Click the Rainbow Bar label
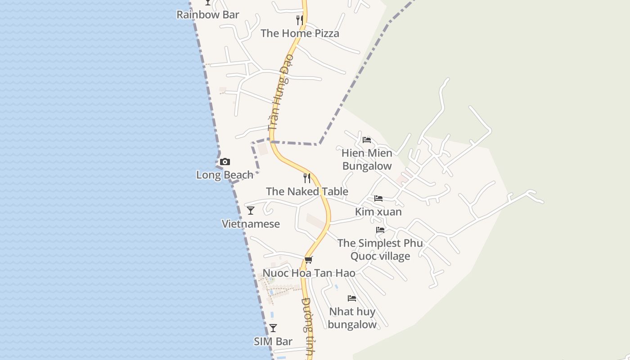click(207, 14)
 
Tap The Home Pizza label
click(300, 33)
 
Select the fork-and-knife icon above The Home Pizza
click(300, 20)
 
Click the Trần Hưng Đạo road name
click(280, 93)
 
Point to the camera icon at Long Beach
click(225, 162)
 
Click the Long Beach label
click(225, 175)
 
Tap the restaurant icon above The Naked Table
click(307, 178)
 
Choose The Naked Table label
click(307, 191)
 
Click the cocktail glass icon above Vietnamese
click(251, 210)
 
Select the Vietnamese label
click(251, 224)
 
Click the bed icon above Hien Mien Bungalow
click(367, 139)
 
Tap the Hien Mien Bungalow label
click(367, 159)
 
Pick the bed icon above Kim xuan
click(378, 198)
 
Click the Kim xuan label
click(378, 211)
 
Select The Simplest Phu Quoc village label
click(380, 249)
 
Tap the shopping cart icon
click(308, 260)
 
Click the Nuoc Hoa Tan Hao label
click(309, 273)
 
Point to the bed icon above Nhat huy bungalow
click(352, 298)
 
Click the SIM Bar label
click(273, 342)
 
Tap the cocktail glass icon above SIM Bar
click(273, 328)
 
